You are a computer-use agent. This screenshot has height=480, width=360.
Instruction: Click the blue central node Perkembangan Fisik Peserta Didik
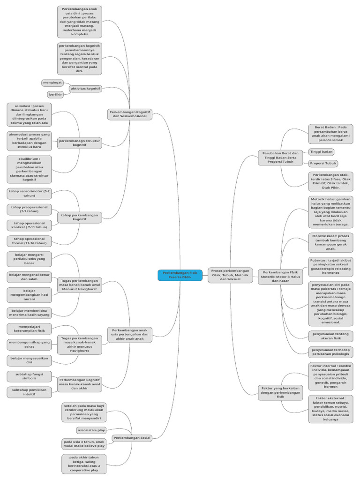(180, 275)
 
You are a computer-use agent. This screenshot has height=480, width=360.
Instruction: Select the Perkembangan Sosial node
(132, 438)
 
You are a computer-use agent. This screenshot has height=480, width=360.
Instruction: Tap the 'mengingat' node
(52, 82)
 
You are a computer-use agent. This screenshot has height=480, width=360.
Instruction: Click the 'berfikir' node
(55, 94)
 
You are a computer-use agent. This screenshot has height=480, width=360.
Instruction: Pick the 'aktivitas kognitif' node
(85, 88)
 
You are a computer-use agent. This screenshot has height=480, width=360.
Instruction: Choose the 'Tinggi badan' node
(321, 152)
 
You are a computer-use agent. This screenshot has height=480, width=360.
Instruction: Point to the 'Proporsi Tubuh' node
(323, 163)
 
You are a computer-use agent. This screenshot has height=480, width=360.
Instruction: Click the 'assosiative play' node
(91, 430)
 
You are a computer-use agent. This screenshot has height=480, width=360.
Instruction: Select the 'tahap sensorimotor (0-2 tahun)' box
(30, 194)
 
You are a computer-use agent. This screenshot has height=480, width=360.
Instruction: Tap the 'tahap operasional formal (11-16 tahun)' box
(30, 241)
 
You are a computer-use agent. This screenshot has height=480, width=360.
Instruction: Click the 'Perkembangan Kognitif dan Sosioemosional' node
(130, 114)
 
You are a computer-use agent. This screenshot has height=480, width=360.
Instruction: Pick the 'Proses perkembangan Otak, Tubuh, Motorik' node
(230, 275)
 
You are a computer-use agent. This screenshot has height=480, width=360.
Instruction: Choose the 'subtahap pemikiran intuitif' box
(30, 392)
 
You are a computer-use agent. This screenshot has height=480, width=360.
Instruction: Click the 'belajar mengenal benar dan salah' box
(30, 277)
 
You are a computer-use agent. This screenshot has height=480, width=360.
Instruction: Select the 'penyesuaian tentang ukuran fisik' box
(330, 336)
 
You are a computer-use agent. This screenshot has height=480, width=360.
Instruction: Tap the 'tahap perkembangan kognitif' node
(80, 217)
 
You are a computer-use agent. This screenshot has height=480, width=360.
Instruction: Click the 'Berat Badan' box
(330, 134)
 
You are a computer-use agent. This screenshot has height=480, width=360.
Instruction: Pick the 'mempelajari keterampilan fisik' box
(30, 329)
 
